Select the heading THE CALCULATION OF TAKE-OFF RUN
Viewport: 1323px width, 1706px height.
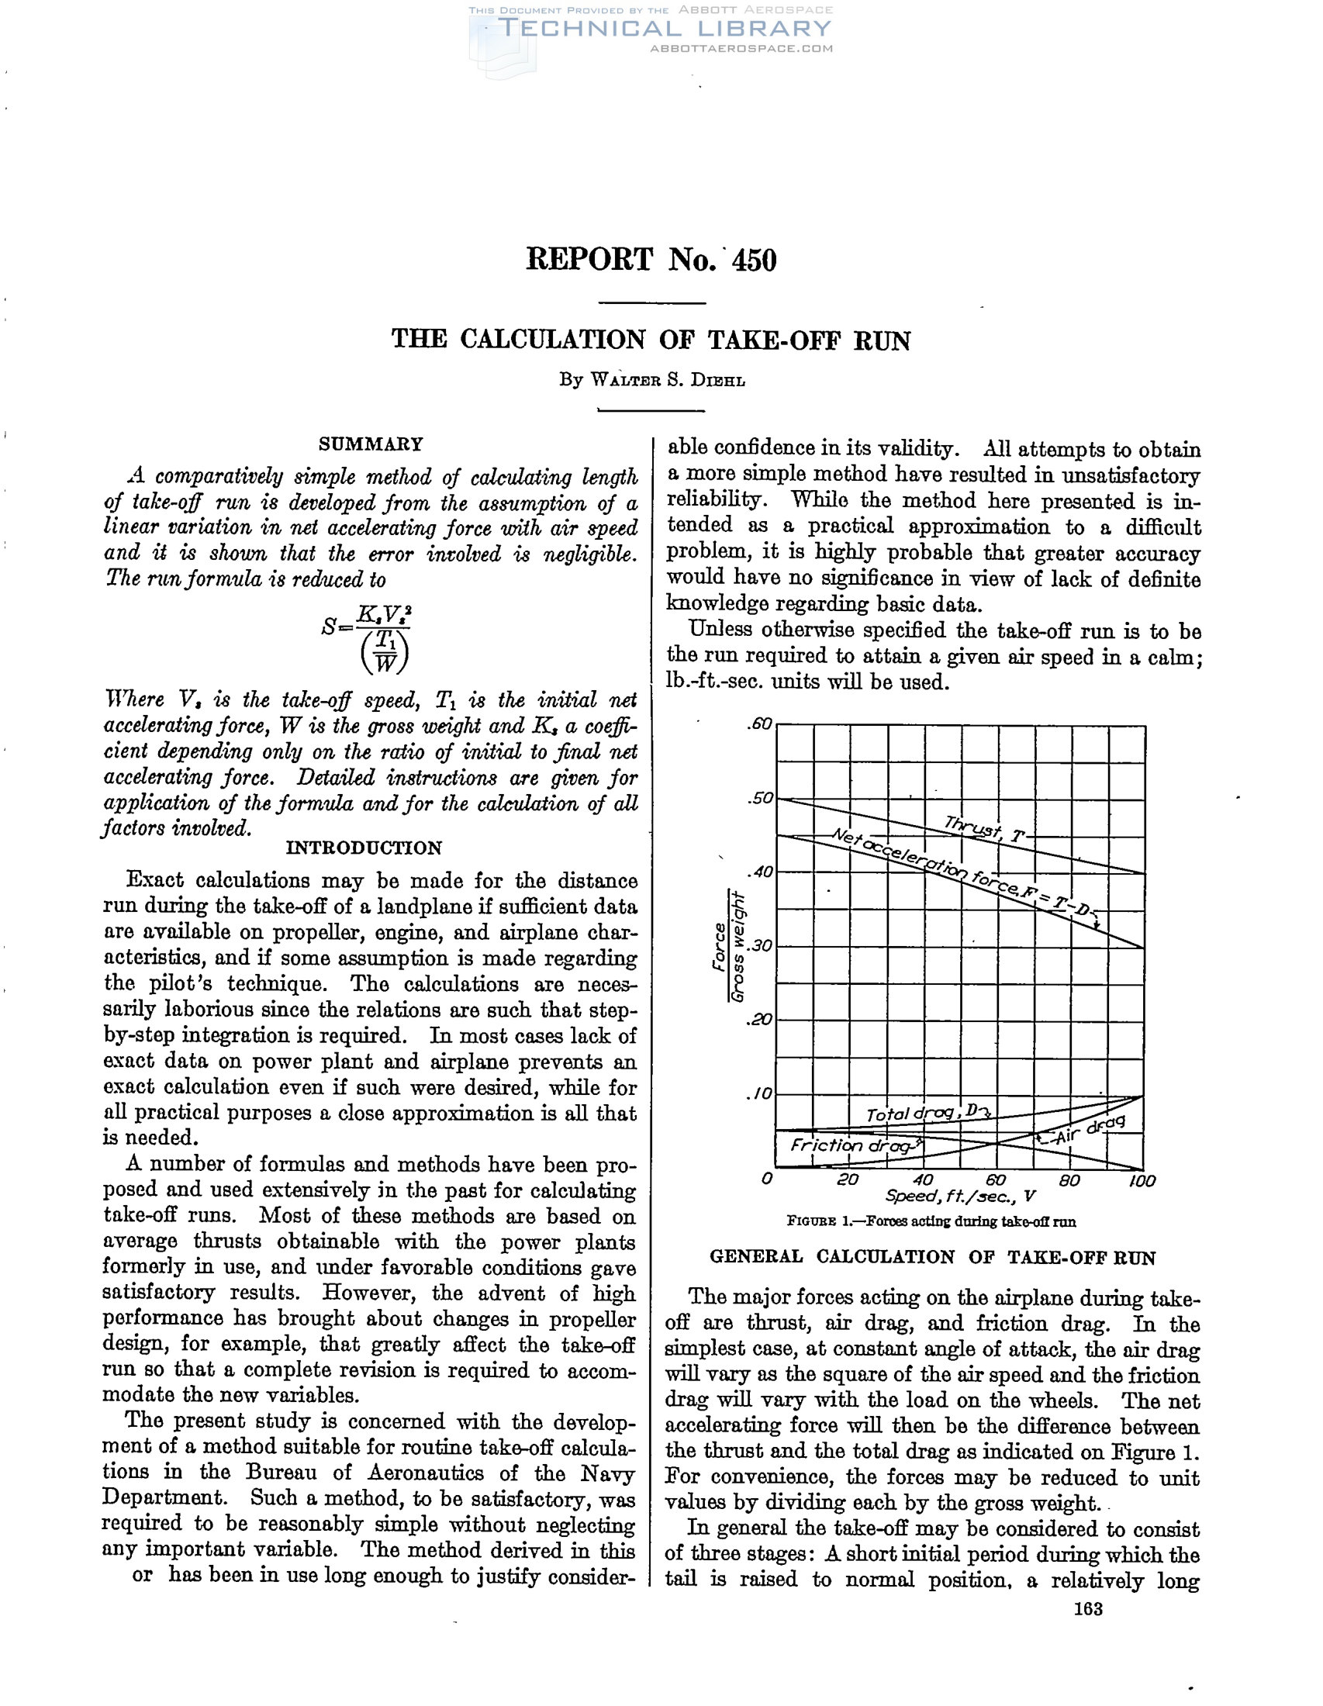pyautogui.click(x=651, y=340)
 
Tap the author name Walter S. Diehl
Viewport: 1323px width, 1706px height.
pyautogui.click(x=652, y=381)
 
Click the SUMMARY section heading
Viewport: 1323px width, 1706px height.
pyautogui.click(x=370, y=444)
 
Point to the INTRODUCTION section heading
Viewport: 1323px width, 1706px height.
pyautogui.click(x=364, y=848)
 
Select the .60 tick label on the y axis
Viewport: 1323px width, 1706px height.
pyautogui.click(x=758, y=725)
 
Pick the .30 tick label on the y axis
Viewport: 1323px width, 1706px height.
pyautogui.click(x=758, y=946)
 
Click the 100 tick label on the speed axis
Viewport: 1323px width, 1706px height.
pyautogui.click(x=1141, y=1180)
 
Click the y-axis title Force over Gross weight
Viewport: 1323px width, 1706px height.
pyautogui.click(x=728, y=947)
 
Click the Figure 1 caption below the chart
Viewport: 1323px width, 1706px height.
pyautogui.click(x=931, y=1221)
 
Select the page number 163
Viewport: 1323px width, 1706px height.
pyautogui.click(x=1088, y=1608)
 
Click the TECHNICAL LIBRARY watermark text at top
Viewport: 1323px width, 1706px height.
pyautogui.click(x=664, y=29)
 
